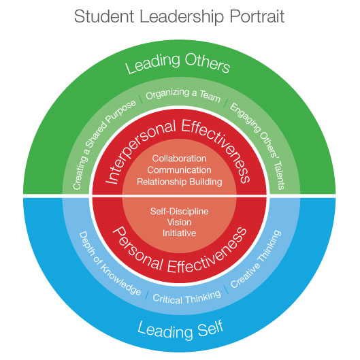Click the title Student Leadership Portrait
[x=179, y=16]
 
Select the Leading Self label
[x=180, y=330]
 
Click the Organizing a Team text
[x=183, y=94]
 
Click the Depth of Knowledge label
[x=108, y=264]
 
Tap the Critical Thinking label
[x=186, y=298]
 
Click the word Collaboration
[x=179, y=159]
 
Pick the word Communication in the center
[x=179, y=170]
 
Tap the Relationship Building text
[x=180, y=182]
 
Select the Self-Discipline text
[x=179, y=211]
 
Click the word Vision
[x=179, y=223]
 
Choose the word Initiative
[x=179, y=233]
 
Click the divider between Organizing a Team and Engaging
[x=225, y=103]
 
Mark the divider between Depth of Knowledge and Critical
[x=147, y=295]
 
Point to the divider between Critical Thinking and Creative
[x=226, y=289]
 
